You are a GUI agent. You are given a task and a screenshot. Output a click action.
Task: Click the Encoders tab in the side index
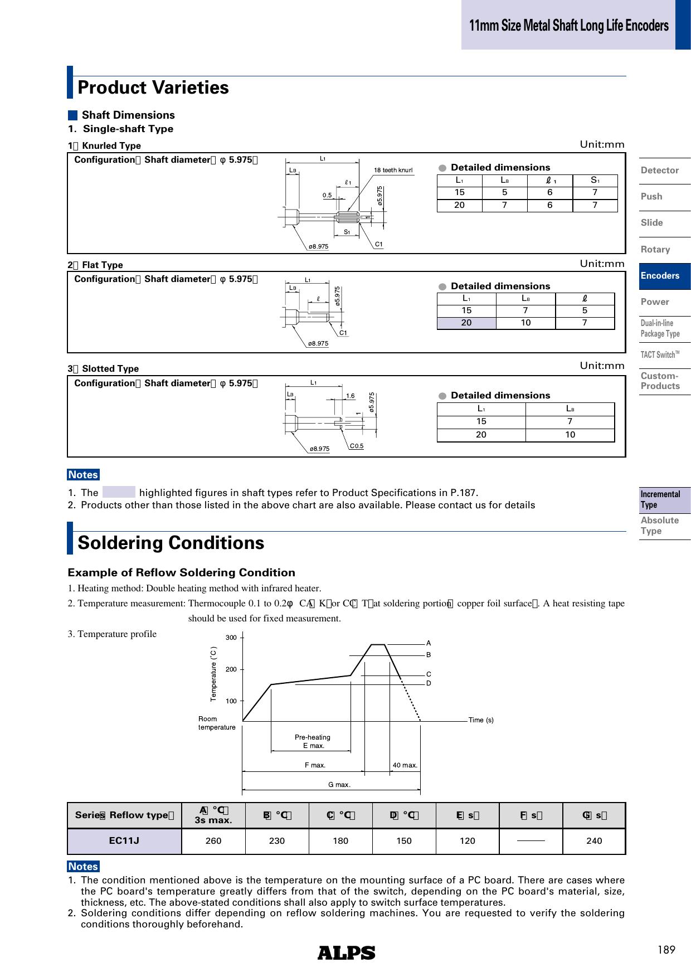(x=660, y=276)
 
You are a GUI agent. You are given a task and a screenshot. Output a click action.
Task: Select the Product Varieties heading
(x=153, y=88)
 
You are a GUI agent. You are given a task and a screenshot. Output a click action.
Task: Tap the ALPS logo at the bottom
(x=346, y=953)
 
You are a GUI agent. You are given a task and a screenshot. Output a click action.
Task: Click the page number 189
(x=666, y=950)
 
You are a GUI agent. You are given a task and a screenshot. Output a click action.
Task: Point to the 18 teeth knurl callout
(x=393, y=170)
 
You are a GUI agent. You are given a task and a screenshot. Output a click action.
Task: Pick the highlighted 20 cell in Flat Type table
(x=466, y=323)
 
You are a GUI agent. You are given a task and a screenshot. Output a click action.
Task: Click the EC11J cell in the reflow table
(x=124, y=840)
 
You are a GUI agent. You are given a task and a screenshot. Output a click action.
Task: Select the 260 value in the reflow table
(x=213, y=840)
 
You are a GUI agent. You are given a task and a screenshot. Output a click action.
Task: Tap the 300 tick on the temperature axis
(x=231, y=637)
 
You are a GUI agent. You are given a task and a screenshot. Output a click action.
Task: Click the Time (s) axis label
(x=481, y=720)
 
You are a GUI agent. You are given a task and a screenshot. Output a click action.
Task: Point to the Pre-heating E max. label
(x=313, y=741)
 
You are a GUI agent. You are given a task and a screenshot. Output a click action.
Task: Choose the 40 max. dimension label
(x=405, y=765)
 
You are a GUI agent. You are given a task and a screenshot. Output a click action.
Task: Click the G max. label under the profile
(x=339, y=785)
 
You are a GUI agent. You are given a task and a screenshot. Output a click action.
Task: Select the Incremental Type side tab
(x=661, y=499)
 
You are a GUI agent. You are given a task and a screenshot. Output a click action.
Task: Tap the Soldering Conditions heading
(x=171, y=543)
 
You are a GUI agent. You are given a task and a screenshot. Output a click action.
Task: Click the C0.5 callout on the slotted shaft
(x=357, y=446)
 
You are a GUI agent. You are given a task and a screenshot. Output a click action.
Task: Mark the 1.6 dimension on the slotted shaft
(x=351, y=396)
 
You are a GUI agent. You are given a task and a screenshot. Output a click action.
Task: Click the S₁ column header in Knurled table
(x=595, y=180)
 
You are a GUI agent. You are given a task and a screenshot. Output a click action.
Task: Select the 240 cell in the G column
(x=594, y=840)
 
